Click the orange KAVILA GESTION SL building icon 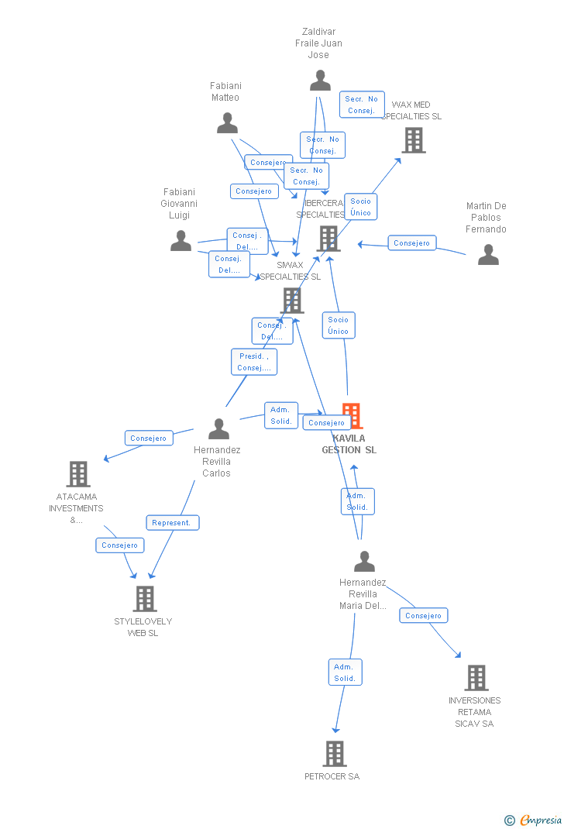(x=351, y=416)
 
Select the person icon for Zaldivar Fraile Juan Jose (x=320, y=81)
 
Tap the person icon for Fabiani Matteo (x=227, y=123)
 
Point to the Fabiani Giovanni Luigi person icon (x=181, y=241)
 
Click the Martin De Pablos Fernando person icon (x=488, y=255)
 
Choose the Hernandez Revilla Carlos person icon (x=219, y=428)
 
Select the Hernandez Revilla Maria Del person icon (x=364, y=561)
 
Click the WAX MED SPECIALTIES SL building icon (x=414, y=140)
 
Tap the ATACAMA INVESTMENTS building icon (x=78, y=473)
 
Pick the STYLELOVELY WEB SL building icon (x=145, y=598)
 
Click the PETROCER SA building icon (x=334, y=753)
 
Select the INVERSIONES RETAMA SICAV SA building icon (x=476, y=677)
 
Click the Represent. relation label (x=172, y=523)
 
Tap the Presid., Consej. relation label (x=254, y=362)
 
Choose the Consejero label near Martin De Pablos (x=411, y=243)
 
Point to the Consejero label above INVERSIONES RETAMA (x=423, y=616)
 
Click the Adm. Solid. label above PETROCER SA (x=345, y=672)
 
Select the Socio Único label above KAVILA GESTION (x=339, y=325)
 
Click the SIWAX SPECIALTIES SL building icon (x=292, y=300)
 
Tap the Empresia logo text (x=540, y=820)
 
